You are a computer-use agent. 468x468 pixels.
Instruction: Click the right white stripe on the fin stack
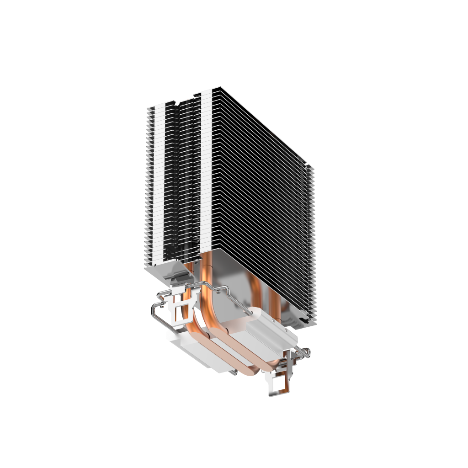point(205,174)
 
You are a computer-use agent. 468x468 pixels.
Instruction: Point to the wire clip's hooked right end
point(305,352)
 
